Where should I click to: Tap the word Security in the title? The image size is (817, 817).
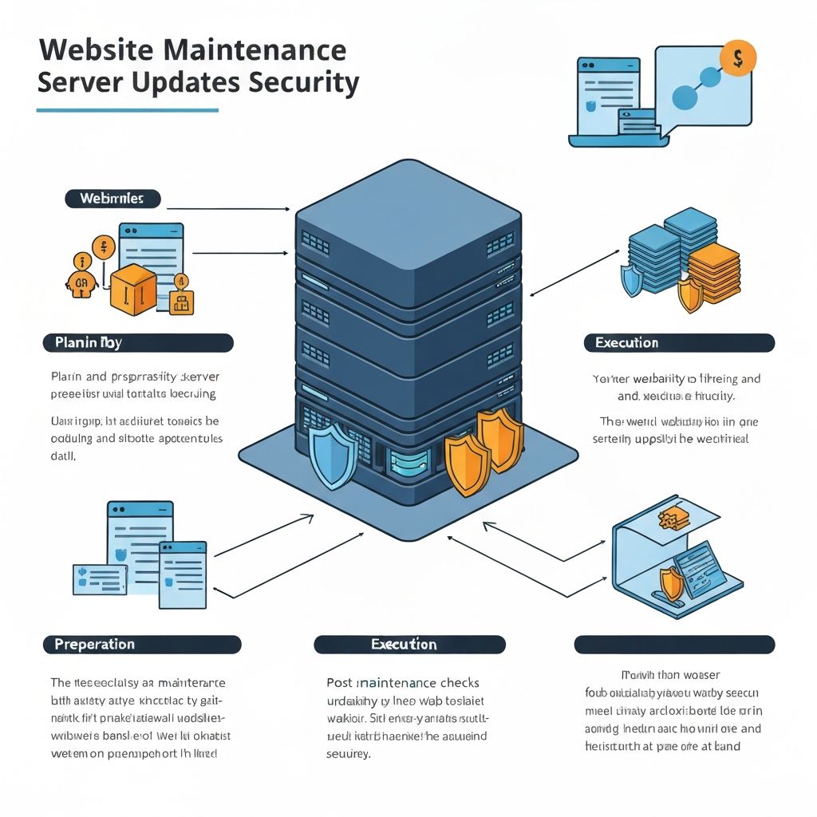click(x=303, y=82)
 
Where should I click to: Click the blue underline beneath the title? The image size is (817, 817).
click(x=128, y=110)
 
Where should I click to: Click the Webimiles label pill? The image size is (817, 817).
click(x=112, y=199)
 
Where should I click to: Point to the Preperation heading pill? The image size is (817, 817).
click(x=142, y=645)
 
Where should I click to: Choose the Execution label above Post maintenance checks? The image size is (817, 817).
click(x=409, y=645)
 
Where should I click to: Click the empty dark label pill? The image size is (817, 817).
click(x=674, y=645)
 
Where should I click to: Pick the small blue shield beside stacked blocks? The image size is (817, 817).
click(x=632, y=280)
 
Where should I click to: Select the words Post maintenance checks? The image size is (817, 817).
click(x=403, y=683)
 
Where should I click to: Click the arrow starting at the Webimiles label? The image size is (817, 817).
click(x=227, y=209)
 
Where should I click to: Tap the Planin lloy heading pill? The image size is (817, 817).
click(x=137, y=343)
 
